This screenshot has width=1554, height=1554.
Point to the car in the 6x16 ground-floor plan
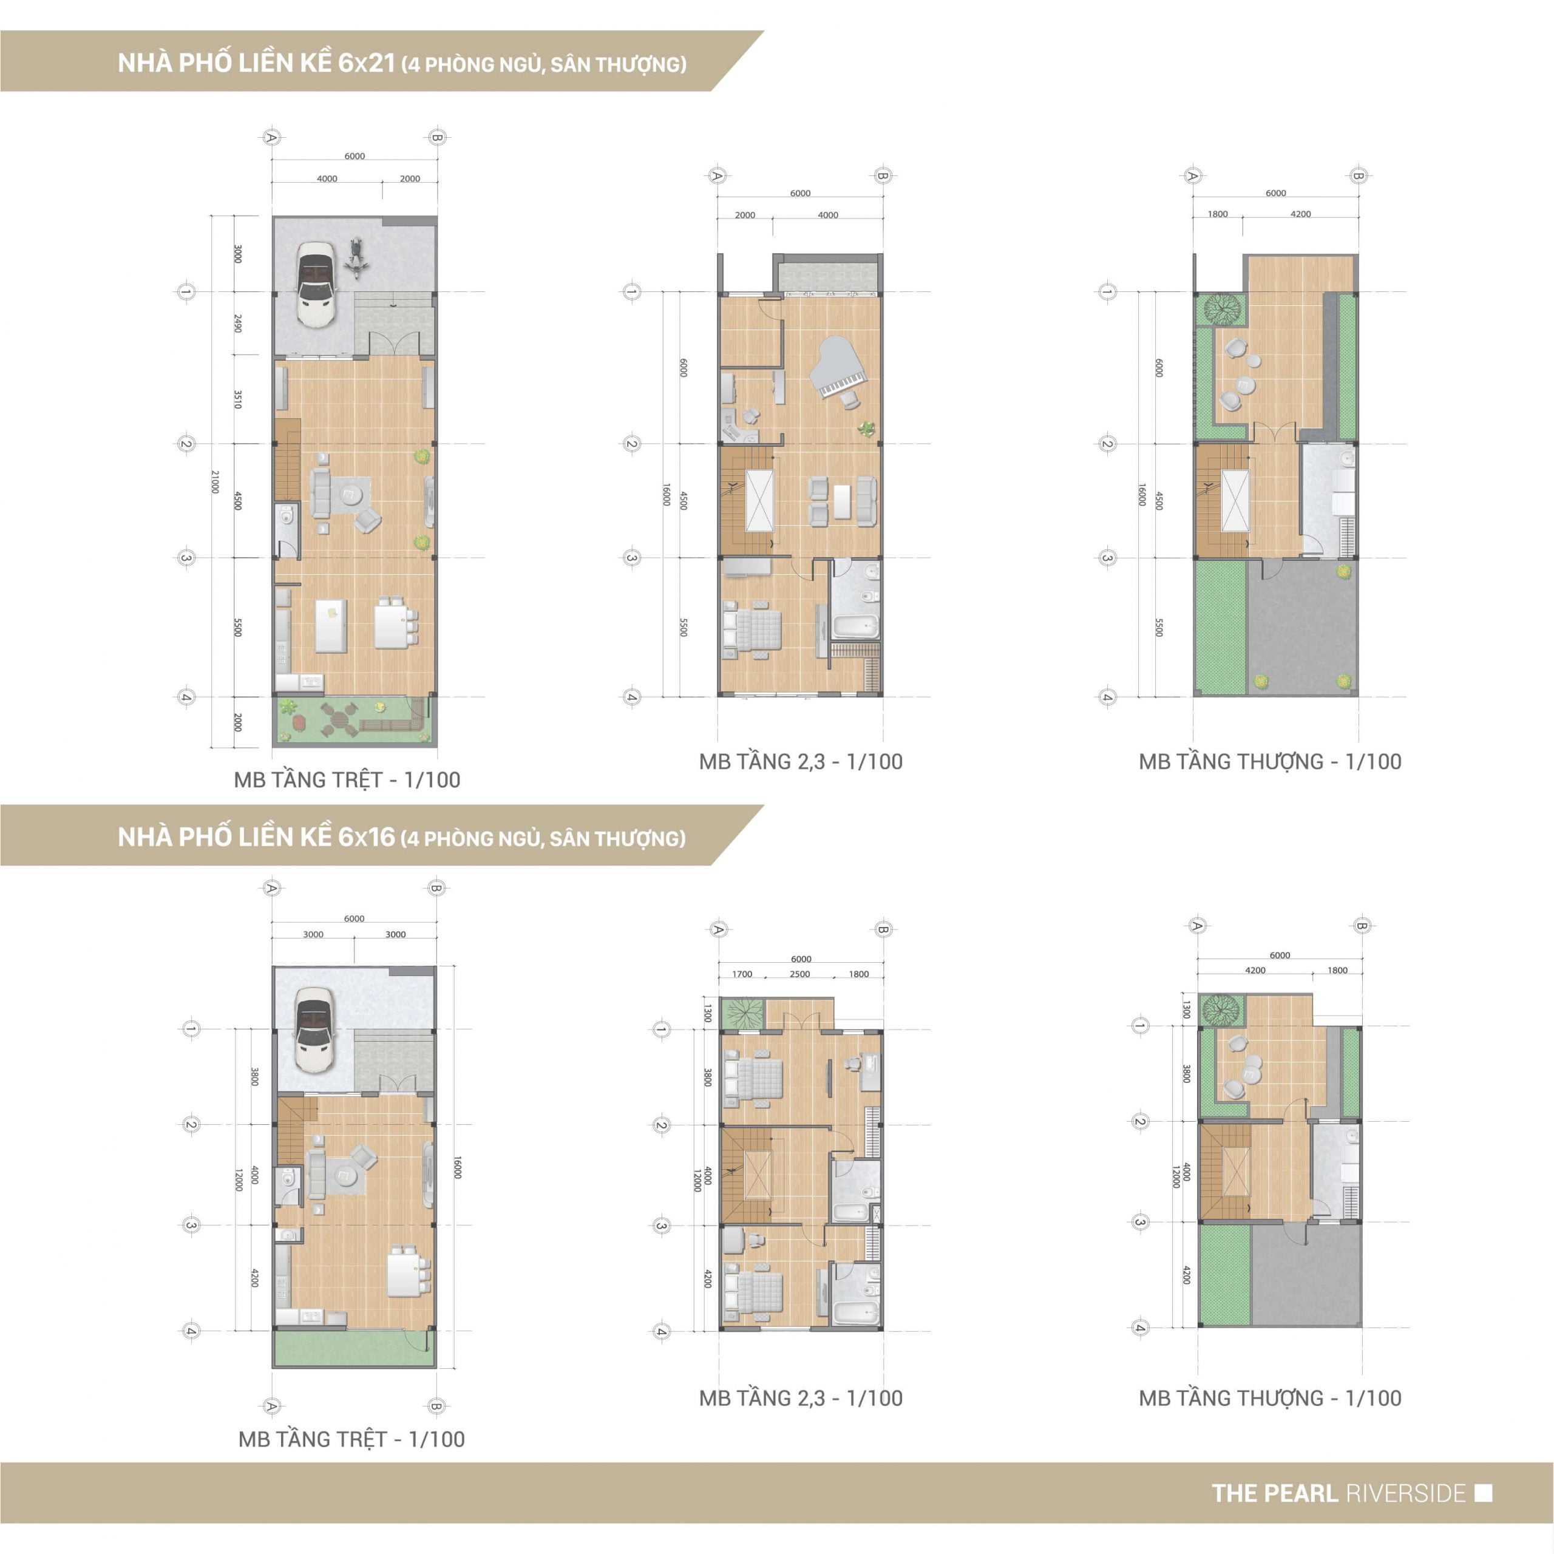click(x=314, y=1030)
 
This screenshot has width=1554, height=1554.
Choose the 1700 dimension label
click(x=742, y=974)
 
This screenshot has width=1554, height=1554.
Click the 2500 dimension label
click(x=799, y=974)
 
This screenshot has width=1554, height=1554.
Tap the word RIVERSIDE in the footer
click(x=1406, y=1494)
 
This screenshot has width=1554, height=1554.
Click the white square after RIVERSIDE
click(x=1484, y=1494)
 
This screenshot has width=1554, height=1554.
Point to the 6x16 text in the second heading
click(x=367, y=837)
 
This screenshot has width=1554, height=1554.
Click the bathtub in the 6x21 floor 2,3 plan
click(x=854, y=626)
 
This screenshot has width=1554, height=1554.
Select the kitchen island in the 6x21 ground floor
click(x=331, y=625)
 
